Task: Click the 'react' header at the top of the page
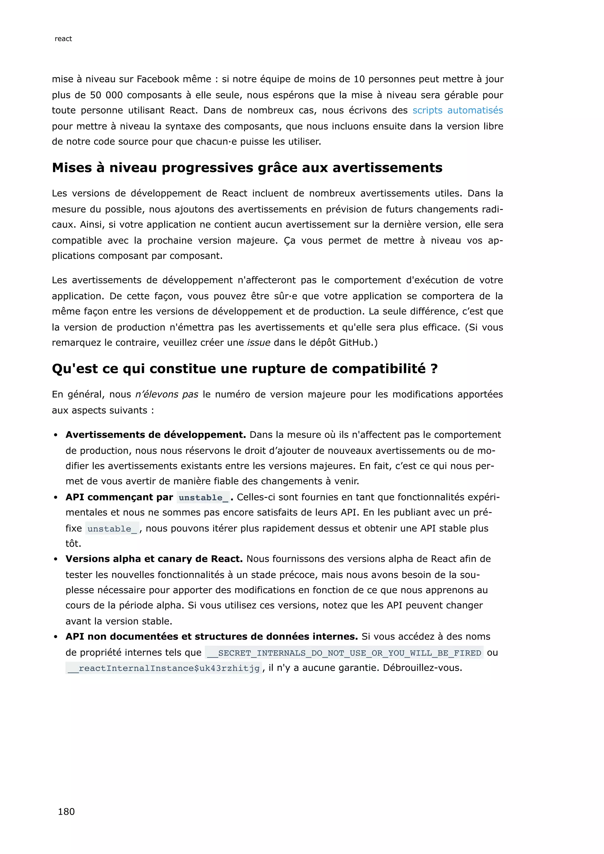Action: pyautogui.click(x=63, y=39)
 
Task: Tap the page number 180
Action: pyautogui.click(x=66, y=811)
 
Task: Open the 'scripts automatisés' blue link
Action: pyautogui.click(x=457, y=111)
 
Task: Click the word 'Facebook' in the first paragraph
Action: pyautogui.click(x=158, y=79)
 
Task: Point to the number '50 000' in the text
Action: pyautogui.click(x=106, y=95)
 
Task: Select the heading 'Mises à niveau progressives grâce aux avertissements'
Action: pyautogui.click(x=247, y=168)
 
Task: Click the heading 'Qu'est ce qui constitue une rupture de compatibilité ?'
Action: pyautogui.click(x=245, y=369)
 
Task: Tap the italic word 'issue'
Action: pyautogui.click(x=258, y=343)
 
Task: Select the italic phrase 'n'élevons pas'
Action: pyautogui.click(x=167, y=394)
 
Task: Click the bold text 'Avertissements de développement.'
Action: pyautogui.click(x=155, y=435)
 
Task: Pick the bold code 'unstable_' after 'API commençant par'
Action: pyautogui.click(x=203, y=498)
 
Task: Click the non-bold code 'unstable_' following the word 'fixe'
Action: pyautogui.click(x=112, y=528)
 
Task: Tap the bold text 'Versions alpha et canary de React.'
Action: pyautogui.click(x=154, y=559)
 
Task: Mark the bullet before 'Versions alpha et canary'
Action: pyautogui.click(x=55, y=559)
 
